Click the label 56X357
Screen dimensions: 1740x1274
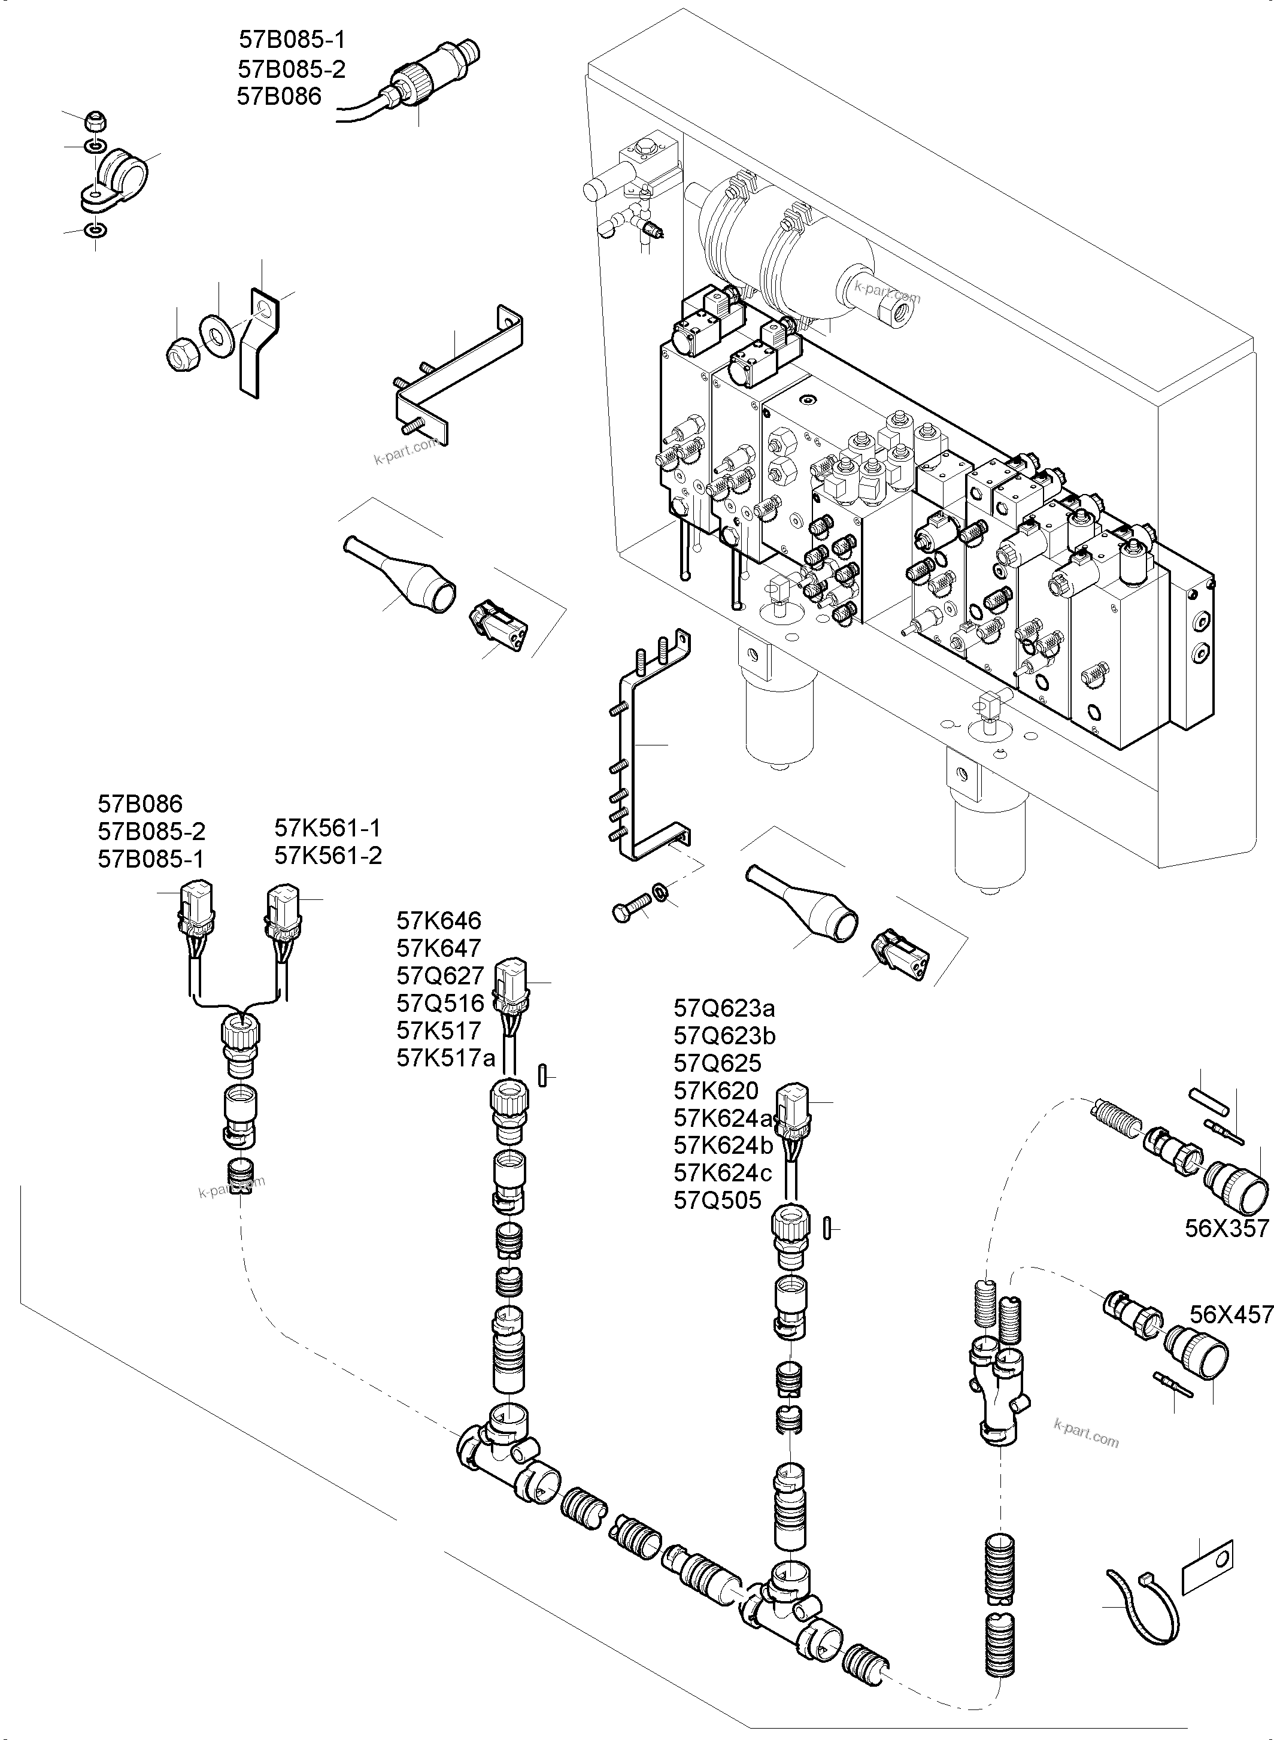point(1226,1229)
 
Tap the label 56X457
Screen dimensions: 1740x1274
point(1231,1314)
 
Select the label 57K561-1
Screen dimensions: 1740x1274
point(327,827)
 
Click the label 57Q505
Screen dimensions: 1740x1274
point(717,1200)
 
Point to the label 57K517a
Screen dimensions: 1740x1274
point(446,1057)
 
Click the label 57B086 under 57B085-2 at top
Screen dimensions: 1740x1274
point(279,96)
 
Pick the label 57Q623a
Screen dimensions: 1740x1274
point(724,1008)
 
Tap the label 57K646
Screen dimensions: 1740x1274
point(439,920)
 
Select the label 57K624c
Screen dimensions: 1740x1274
point(723,1173)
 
